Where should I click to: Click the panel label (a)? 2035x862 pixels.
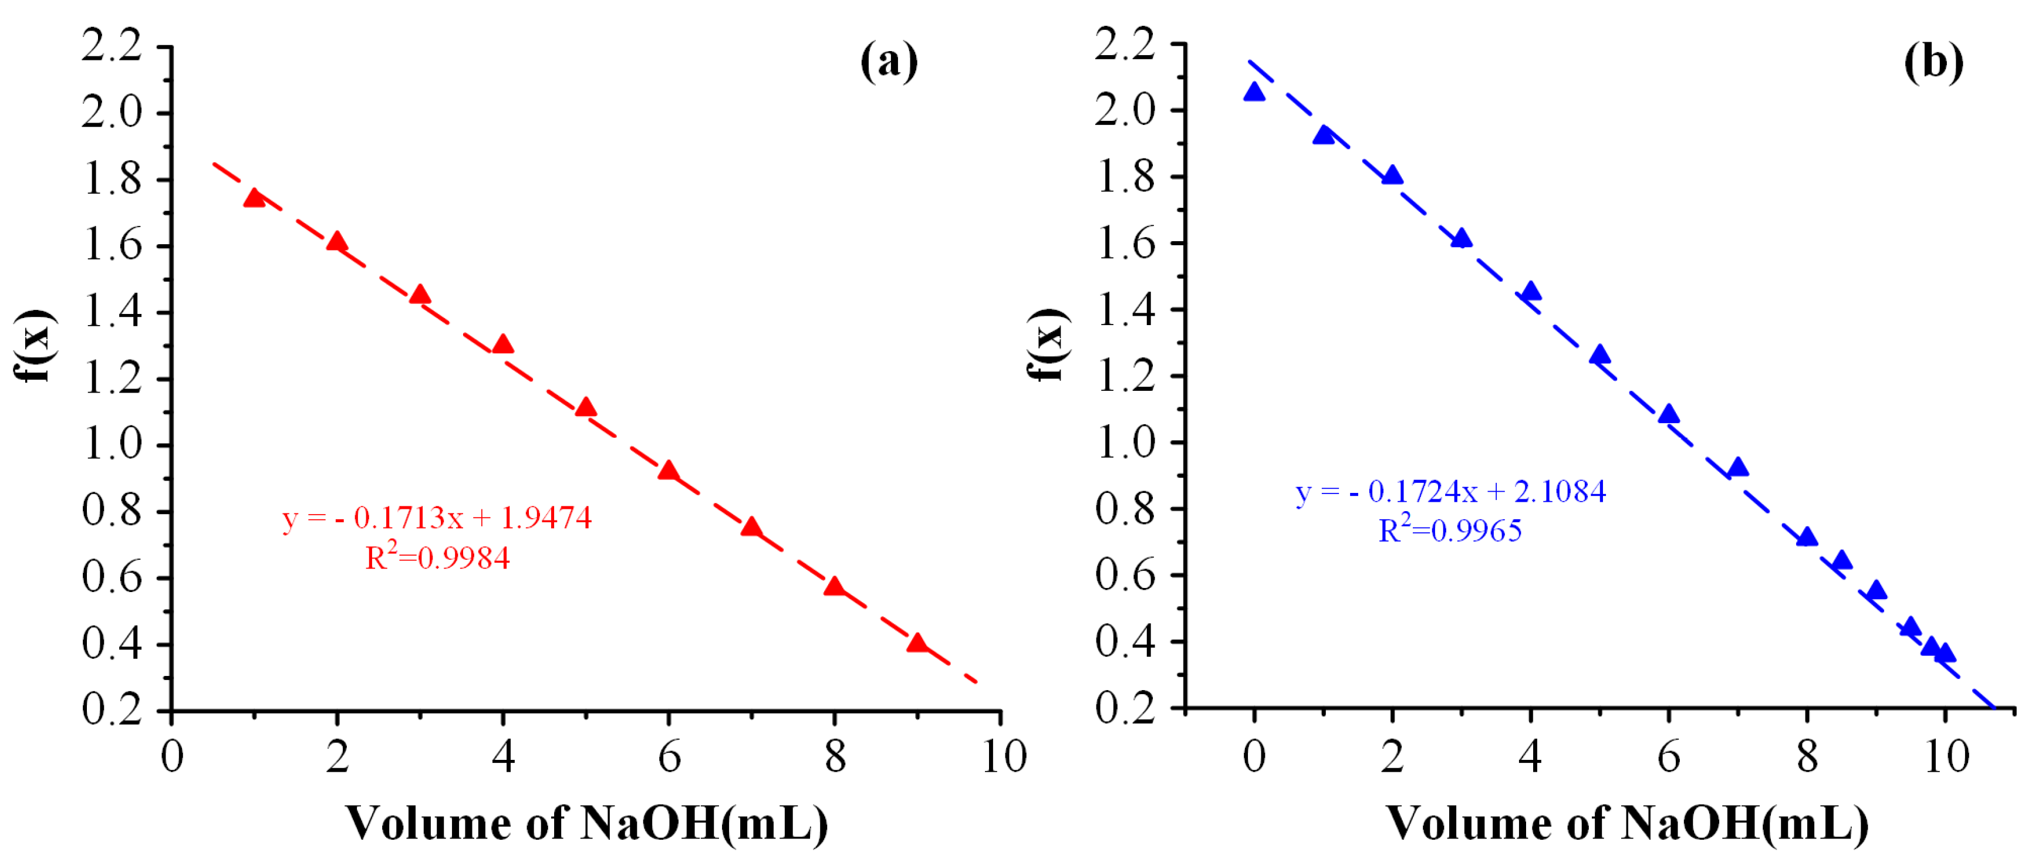tap(889, 61)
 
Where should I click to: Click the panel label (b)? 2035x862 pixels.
tap(1932, 61)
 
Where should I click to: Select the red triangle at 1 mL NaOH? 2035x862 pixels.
tap(254, 198)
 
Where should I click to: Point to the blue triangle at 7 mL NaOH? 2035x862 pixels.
tap(1737, 468)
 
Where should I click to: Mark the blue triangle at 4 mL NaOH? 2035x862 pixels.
tap(1530, 292)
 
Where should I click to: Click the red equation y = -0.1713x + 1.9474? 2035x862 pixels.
tap(437, 518)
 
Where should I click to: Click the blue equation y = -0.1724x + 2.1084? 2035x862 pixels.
tap(1450, 492)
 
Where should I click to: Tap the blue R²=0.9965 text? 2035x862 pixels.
tap(1450, 530)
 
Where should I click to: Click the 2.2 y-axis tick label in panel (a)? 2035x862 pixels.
tap(112, 45)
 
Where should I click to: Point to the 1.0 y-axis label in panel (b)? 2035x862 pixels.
tap(1125, 442)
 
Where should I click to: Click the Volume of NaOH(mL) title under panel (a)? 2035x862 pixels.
tap(587, 823)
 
